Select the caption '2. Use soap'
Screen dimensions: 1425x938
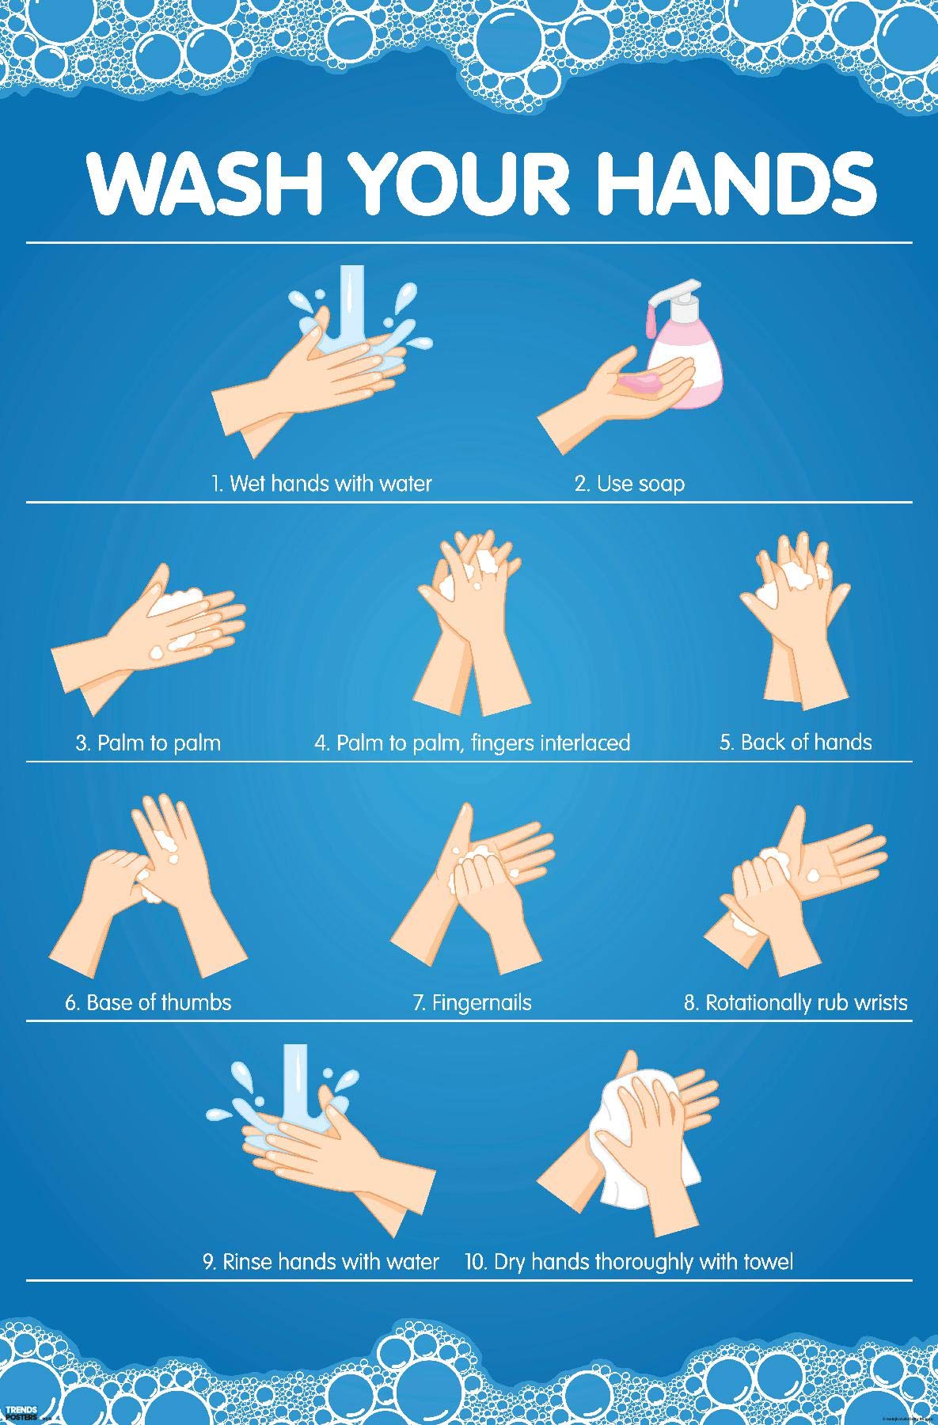pyautogui.click(x=629, y=483)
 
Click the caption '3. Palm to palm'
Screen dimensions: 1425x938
pyautogui.click(x=148, y=743)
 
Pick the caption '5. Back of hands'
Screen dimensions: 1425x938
pyautogui.click(x=796, y=743)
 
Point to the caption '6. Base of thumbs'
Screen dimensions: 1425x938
pyautogui.click(x=148, y=1002)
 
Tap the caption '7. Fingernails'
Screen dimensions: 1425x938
pyautogui.click(x=472, y=1002)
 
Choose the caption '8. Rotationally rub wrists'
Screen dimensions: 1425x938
pyautogui.click(x=796, y=1002)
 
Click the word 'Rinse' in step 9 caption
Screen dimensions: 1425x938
pyautogui.click(x=246, y=1262)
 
